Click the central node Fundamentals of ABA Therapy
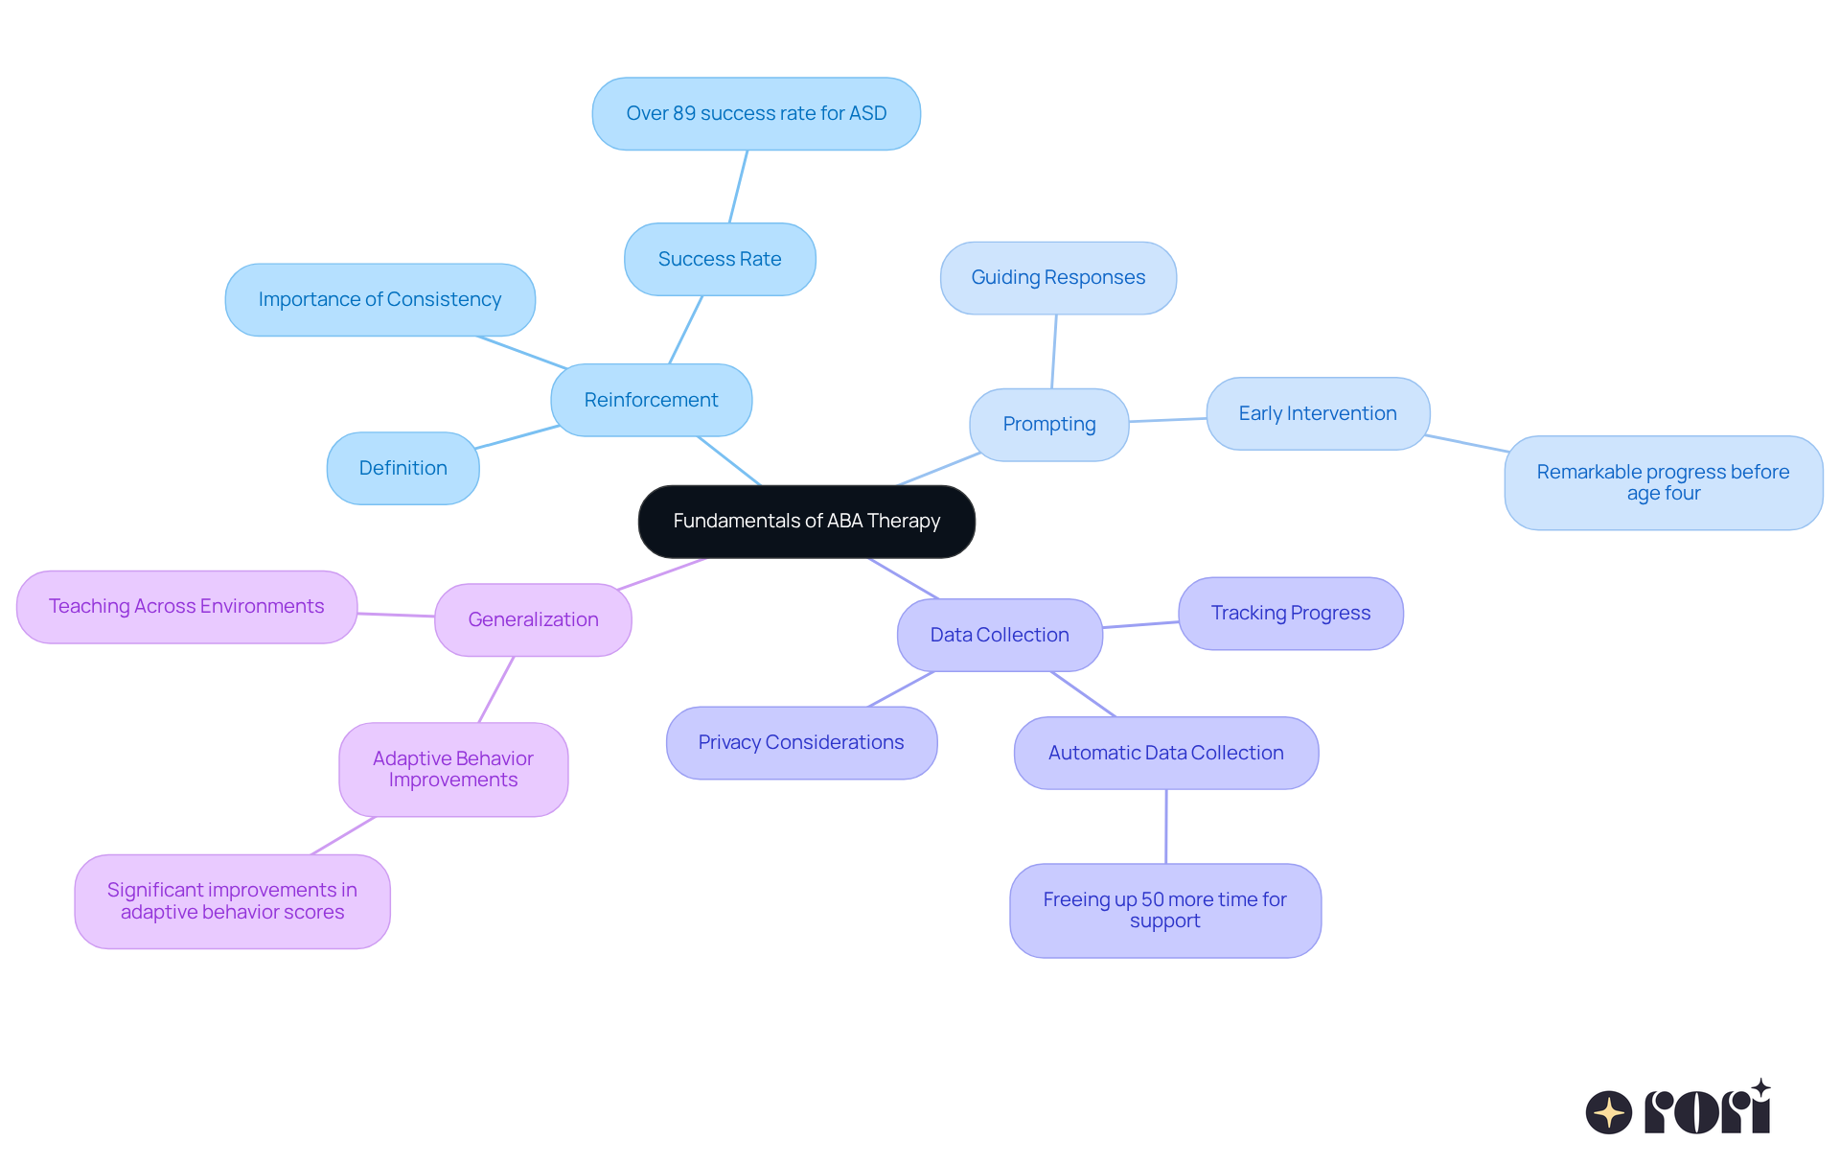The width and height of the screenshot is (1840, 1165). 806,521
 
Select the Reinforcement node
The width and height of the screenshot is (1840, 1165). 651,400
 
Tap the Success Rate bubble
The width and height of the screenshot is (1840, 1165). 720,259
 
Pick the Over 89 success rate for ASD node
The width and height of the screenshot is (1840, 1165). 756,113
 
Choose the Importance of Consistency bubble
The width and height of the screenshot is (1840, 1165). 379,299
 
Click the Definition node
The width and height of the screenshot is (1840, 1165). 402,468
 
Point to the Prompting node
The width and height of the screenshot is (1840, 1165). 1048,424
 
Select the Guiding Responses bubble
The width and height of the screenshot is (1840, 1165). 1058,277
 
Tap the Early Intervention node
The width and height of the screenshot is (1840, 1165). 1318,413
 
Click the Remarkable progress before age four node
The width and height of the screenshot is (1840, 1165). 1663,482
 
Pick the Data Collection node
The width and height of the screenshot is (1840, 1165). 1000,635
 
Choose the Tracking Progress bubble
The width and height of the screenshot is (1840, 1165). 1290,613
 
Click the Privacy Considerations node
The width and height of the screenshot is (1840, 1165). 801,742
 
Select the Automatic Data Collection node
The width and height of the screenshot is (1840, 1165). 1165,753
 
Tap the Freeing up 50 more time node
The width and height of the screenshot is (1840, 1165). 1164,910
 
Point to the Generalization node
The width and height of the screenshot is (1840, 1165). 533,619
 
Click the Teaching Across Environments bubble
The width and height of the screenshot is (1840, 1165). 187,606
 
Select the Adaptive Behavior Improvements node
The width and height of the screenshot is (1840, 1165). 453,769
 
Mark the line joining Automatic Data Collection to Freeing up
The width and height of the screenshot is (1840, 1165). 1165,827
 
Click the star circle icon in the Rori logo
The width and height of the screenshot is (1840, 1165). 1608,1112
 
